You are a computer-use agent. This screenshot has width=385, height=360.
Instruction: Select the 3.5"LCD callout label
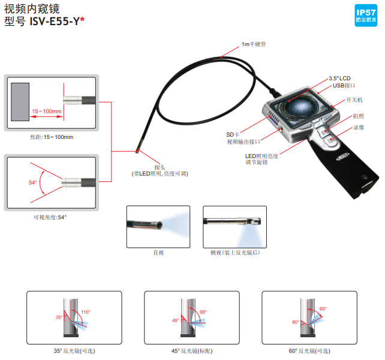pos(341,78)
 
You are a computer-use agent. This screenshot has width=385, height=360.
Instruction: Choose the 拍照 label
pos(357,116)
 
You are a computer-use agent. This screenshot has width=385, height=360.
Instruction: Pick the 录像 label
pos(357,128)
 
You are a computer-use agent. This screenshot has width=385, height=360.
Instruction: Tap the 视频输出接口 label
pos(243,142)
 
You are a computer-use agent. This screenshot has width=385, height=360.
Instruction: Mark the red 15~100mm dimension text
pos(46,111)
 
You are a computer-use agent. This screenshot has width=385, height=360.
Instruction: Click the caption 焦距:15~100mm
pos(51,138)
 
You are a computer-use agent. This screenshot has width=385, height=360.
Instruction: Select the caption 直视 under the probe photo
pos(158,253)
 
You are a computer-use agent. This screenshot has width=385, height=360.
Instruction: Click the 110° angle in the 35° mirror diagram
pos(85,312)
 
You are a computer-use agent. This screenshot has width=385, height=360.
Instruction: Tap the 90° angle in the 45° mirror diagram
pos(203,312)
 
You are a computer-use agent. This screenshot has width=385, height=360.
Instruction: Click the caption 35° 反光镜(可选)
pos(75,350)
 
